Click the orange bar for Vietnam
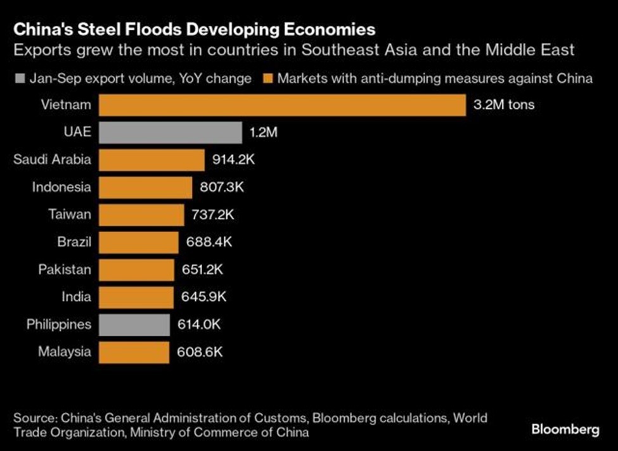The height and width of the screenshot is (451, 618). click(x=282, y=105)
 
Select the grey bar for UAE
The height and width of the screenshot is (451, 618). click(x=170, y=133)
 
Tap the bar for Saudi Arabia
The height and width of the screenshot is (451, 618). click(x=151, y=160)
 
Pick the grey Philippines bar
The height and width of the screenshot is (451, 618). click(x=134, y=325)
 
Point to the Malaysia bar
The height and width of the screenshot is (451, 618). click(x=134, y=352)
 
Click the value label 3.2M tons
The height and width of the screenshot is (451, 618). click(x=504, y=105)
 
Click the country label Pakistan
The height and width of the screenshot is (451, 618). click(x=64, y=270)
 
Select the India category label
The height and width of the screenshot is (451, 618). click(x=76, y=297)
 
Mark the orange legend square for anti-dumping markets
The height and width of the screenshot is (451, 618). click(x=269, y=79)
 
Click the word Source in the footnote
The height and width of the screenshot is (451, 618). click(x=32, y=418)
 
